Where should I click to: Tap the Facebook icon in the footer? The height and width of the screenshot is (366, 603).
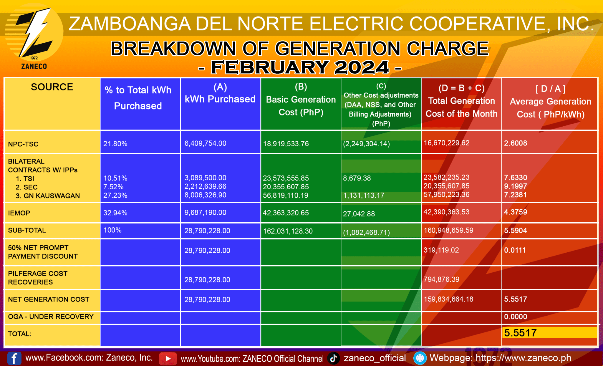pyautogui.click(x=14, y=358)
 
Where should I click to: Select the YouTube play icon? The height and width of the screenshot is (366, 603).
pyautogui.click(x=168, y=358)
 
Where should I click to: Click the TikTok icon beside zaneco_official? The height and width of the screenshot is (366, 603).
pyautogui.click(x=333, y=358)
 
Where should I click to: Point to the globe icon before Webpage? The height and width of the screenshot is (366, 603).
pyautogui.click(x=420, y=358)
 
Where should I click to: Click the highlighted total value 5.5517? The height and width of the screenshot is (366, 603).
pyautogui.click(x=520, y=333)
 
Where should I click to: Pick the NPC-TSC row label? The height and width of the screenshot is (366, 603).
pyautogui.click(x=23, y=144)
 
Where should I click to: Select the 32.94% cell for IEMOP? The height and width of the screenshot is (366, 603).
pyautogui.click(x=115, y=213)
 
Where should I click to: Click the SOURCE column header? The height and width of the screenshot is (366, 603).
pyautogui.click(x=52, y=87)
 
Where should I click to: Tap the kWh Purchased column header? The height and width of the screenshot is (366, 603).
pyautogui.click(x=220, y=94)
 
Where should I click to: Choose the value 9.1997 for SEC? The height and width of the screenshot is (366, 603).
pyautogui.click(x=515, y=186)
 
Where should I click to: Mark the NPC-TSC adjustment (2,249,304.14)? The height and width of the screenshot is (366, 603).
pyautogui.click(x=366, y=144)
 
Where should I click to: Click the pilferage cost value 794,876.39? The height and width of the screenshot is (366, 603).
pyautogui.click(x=441, y=279)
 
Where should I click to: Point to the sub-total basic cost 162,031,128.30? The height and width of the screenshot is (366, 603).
pyautogui.click(x=288, y=231)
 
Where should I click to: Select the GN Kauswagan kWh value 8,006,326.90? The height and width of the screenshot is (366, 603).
pyautogui.click(x=205, y=195)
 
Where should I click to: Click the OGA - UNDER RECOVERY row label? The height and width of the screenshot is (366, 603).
pyautogui.click(x=51, y=317)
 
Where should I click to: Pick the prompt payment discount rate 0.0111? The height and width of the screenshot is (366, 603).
pyautogui.click(x=515, y=250)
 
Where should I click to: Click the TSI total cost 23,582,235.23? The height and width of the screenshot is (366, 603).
pyautogui.click(x=446, y=177)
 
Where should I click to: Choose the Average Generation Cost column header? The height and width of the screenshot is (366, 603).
pyautogui.click(x=550, y=102)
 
